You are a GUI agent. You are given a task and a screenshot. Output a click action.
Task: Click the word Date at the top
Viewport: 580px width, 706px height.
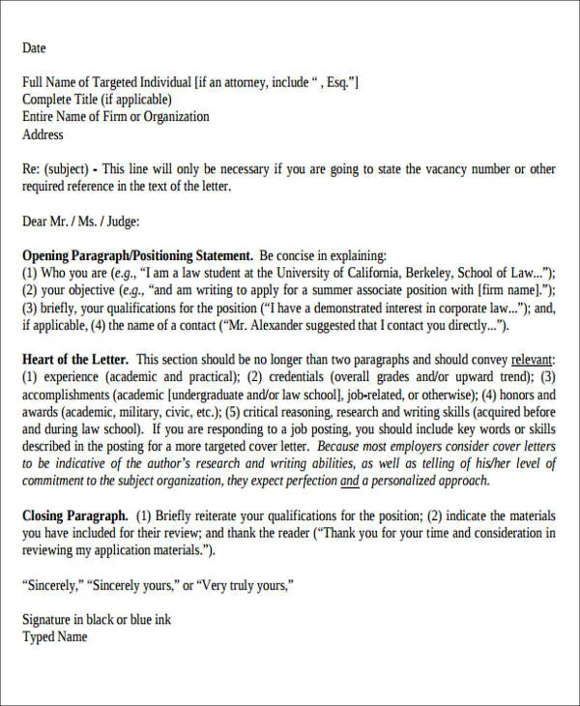click(x=34, y=48)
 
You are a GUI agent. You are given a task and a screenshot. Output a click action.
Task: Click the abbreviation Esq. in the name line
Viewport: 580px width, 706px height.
click(x=337, y=83)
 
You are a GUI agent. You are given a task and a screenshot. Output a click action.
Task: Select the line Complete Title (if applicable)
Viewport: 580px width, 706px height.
click(x=97, y=100)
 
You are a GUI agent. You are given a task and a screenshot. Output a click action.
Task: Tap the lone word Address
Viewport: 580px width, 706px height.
click(x=43, y=134)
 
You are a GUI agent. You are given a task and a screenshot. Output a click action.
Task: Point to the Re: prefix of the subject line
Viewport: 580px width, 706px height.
click(x=31, y=169)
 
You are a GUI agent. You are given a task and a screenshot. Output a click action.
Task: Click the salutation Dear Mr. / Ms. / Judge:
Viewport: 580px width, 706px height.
click(x=81, y=221)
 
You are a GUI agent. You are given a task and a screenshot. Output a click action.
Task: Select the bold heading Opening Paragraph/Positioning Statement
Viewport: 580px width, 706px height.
click(x=137, y=256)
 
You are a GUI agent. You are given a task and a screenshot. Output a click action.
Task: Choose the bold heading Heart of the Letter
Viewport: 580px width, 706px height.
click(x=75, y=360)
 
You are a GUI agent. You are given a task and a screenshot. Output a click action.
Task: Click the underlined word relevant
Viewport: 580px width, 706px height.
click(x=533, y=360)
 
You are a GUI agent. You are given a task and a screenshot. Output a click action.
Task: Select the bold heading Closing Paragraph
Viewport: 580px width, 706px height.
click(x=75, y=515)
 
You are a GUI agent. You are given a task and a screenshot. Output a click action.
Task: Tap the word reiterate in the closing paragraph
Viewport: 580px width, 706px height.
click(x=217, y=515)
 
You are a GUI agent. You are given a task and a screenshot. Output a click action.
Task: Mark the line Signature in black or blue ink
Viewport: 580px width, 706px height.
click(x=97, y=620)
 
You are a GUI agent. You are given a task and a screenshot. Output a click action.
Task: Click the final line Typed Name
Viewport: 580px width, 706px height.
click(x=55, y=636)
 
